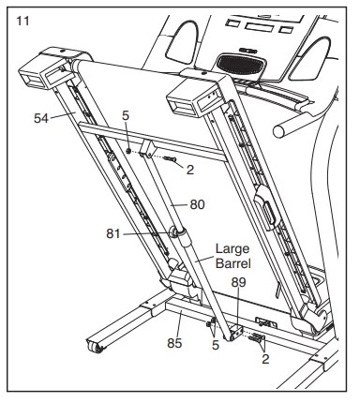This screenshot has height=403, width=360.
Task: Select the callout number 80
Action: [197, 203]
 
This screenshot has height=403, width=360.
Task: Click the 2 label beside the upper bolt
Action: [189, 170]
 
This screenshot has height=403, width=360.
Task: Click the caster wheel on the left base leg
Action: [96, 349]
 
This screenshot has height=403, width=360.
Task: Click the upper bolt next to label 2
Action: [169, 160]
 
